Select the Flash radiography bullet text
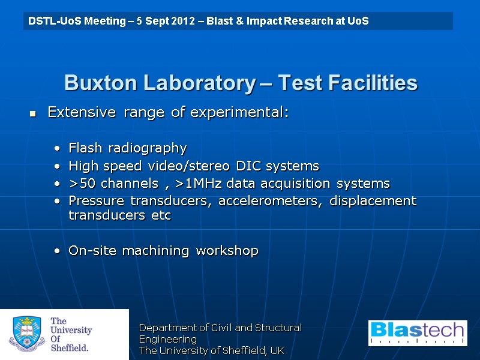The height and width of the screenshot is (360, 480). (x=128, y=148)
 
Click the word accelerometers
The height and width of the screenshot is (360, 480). (x=267, y=200)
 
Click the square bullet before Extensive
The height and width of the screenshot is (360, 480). (x=34, y=113)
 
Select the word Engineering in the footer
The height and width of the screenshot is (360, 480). (x=168, y=339)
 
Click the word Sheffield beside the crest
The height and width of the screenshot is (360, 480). (x=70, y=347)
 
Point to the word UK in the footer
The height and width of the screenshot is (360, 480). (x=277, y=350)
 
